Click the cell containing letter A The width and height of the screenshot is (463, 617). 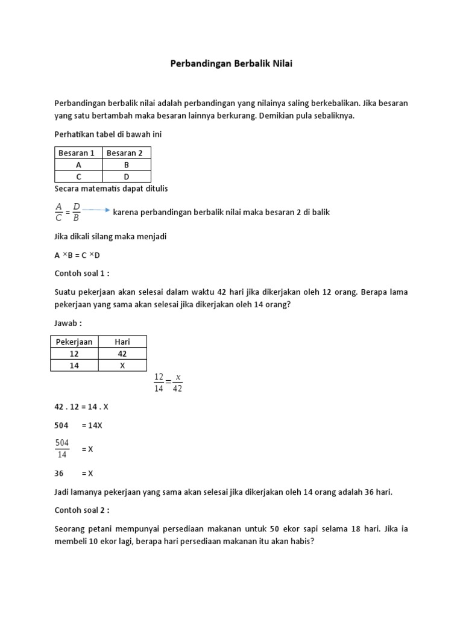[78, 164]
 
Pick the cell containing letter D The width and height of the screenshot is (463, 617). [127, 177]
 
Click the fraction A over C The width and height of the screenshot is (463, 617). [59, 212]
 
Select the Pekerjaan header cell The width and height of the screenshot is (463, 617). [74, 342]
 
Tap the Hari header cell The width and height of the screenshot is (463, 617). [122, 342]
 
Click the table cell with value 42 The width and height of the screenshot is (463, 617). [122, 354]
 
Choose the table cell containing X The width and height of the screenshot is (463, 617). [122, 365]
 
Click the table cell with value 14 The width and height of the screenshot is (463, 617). [74, 365]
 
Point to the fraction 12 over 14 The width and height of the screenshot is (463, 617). [159, 383]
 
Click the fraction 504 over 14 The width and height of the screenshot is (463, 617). [62, 449]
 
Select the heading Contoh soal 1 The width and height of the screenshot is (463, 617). [82, 273]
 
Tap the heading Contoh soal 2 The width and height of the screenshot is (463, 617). [82, 510]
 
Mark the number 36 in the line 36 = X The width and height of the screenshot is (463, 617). [59, 474]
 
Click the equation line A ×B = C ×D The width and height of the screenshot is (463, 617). [77, 255]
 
